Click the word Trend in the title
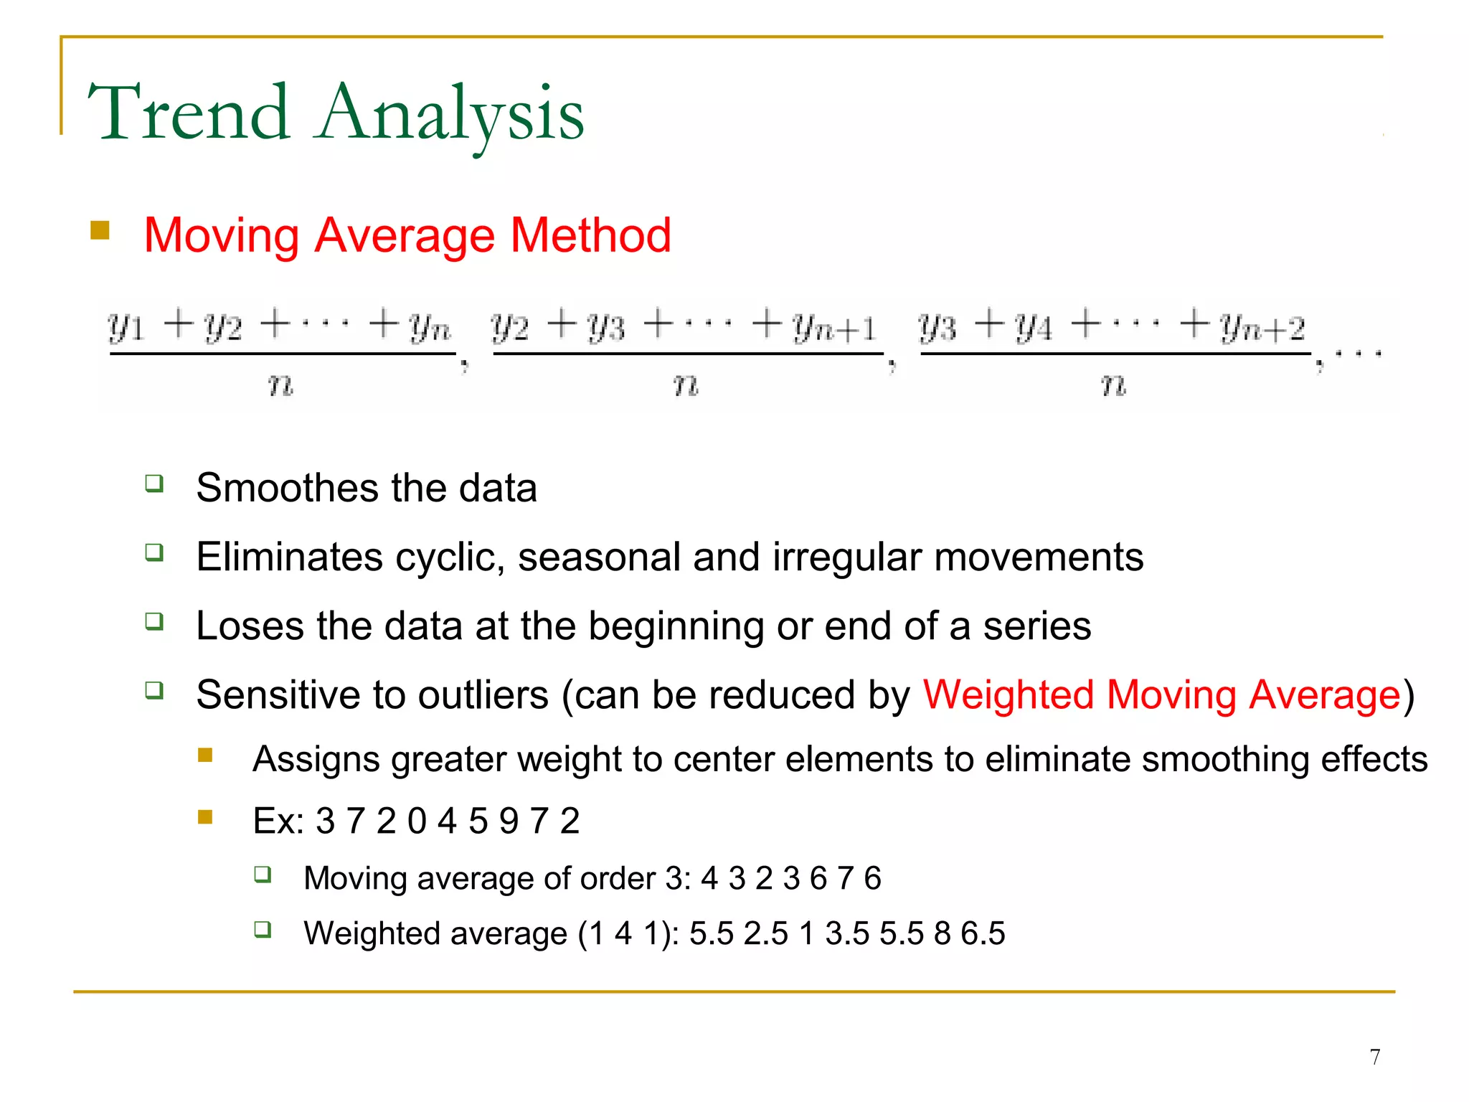click(189, 113)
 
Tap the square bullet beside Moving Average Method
click(100, 230)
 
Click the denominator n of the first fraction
click(280, 385)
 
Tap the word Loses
click(250, 626)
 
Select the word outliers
click(483, 695)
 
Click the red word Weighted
click(1008, 695)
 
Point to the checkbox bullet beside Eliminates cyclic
click(154, 552)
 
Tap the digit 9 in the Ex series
click(509, 821)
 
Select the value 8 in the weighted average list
click(942, 934)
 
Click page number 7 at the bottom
click(1374, 1057)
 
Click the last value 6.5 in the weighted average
click(983, 934)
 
